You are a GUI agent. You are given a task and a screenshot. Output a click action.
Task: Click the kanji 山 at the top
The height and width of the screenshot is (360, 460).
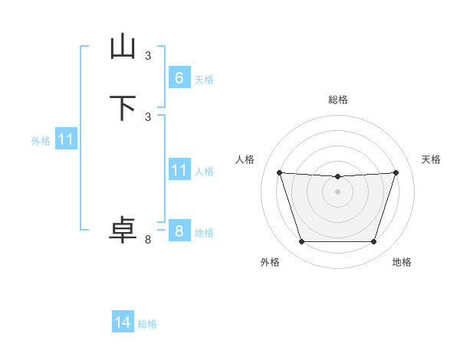(x=123, y=47)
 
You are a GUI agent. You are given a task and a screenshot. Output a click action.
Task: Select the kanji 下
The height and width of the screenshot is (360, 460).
(x=123, y=108)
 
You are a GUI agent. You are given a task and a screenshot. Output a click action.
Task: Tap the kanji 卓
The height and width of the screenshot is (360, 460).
(x=123, y=231)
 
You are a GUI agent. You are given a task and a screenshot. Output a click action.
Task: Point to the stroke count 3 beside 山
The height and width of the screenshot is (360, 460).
(x=148, y=55)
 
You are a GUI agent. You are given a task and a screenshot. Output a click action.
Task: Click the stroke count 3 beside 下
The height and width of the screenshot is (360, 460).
(x=148, y=116)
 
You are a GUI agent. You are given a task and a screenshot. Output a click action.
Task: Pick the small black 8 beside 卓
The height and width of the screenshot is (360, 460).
(x=148, y=240)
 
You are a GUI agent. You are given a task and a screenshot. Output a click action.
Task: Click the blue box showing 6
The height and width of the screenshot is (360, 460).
(x=179, y=78)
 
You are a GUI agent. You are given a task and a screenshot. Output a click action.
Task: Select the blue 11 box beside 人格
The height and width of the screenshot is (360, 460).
(x=179, y=170)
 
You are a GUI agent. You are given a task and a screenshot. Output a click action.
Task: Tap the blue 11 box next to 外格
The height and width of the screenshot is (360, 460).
(x=66, y=140)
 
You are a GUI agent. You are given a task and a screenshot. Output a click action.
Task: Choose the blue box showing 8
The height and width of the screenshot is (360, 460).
(x=179, y=231)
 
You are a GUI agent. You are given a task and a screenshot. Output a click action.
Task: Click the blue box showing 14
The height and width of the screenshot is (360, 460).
(x=123, y=323)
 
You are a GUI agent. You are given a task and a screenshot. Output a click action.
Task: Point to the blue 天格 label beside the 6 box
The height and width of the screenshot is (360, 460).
(x=204, y=80)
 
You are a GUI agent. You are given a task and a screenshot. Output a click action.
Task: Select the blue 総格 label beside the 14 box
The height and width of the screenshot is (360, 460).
(x=147, y=324)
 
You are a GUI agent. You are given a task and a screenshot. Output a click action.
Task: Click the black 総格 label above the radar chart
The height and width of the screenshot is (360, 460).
(x=337, y=100)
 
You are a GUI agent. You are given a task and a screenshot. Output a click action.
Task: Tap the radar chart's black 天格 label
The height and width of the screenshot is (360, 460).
(x=431, y=159)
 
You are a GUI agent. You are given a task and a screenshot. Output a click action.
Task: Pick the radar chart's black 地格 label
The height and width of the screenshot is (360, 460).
(x=402, y=263)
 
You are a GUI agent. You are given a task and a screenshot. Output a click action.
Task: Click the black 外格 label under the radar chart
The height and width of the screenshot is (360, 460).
(x=270, y=263)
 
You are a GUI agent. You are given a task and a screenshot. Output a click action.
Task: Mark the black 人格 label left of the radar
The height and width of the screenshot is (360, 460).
(x=245, y=159)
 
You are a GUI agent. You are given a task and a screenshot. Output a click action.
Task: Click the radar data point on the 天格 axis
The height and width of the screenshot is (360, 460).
(x=396, y=172)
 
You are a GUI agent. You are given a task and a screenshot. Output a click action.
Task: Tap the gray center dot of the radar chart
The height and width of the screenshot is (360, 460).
(x=337, y=191)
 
